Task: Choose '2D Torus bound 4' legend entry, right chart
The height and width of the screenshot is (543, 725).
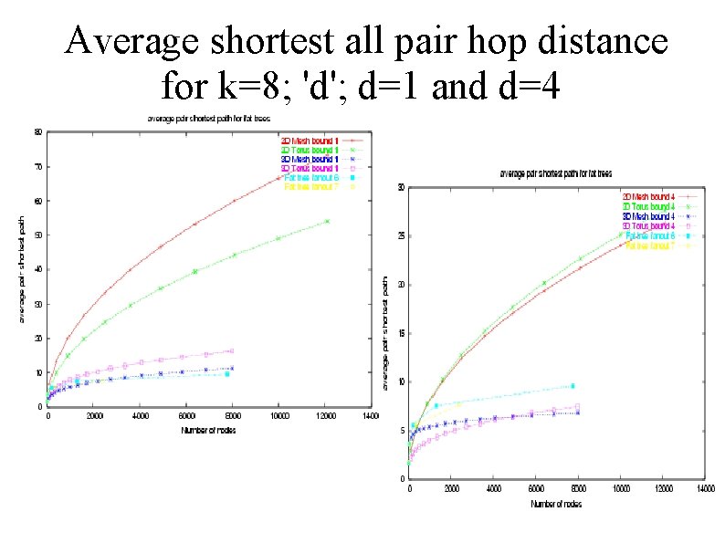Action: coord(647,206)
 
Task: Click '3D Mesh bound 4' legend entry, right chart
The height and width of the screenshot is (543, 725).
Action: coord(647,216)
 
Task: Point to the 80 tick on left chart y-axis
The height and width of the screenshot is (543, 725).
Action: coord(37,131)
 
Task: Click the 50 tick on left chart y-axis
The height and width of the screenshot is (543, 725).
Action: coord(37,235)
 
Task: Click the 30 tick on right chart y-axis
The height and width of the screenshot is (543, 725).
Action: coord(401,188)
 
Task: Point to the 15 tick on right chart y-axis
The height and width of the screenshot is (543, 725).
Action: coord(401,333)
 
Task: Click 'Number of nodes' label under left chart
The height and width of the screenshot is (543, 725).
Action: coord(208,430)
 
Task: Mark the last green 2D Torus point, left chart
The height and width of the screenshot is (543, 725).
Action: coord(327,221)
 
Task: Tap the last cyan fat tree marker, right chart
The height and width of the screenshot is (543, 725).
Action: coord(573,386)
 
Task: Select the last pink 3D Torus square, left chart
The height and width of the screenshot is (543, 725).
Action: coord(231,350)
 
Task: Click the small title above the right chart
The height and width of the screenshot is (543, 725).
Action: coord(555,173)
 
